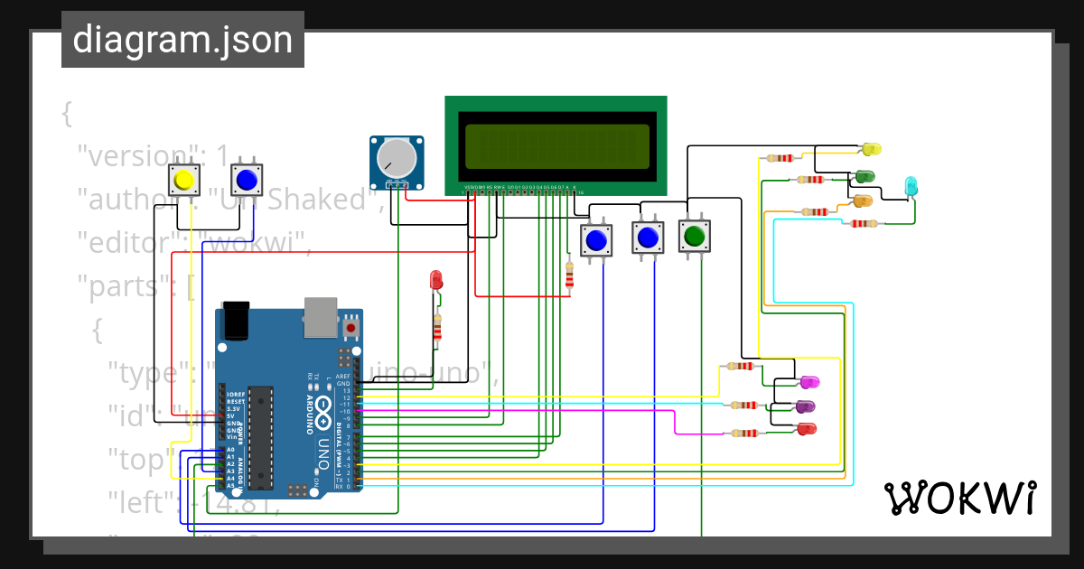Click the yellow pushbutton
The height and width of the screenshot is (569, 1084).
click(x=184, y=181)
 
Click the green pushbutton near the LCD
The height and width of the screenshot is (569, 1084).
click(x=694, y=237)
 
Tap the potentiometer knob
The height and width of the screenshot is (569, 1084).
click(x=397, y=159)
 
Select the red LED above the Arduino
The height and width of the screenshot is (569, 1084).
click(x=436, y=279)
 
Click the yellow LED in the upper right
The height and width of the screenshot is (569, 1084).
click(x=871, y=149)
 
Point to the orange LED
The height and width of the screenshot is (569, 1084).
click(x=863, y=201)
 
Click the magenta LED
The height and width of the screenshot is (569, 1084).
click(x=808, y=383)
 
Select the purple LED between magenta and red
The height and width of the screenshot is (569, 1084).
click(x=805, y=406)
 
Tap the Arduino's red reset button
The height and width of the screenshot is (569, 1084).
click(x=351, y=327)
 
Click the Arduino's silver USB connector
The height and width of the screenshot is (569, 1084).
click(x=321, y=317)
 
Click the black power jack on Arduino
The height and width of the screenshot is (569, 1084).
click(x=237, y=321)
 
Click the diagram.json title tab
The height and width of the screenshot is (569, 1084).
click(x=182, y=40)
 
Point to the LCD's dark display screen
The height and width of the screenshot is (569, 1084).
click(x=556, y=146)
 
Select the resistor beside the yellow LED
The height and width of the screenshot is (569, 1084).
click(x=780, y=158)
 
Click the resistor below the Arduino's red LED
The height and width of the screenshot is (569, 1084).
click(x=438, y=327)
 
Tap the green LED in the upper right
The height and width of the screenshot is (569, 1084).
click(x=864, y=176)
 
